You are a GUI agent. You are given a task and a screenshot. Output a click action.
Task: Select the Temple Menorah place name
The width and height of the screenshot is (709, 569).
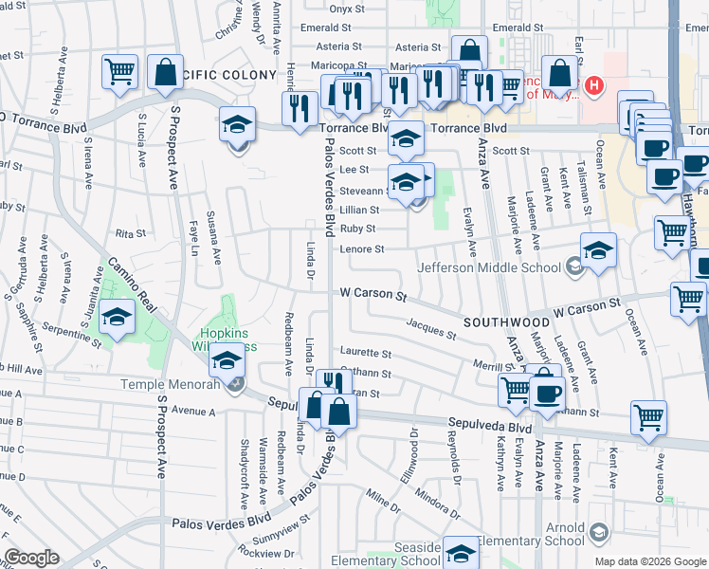pyautogui.click(x=171, y=384)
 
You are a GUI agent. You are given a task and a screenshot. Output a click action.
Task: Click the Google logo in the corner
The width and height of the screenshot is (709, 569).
pyautogui.click(x=30, y=558)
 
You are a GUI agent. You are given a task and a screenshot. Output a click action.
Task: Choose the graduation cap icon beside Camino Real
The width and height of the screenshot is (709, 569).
pyautogui.click(x=118, y=318)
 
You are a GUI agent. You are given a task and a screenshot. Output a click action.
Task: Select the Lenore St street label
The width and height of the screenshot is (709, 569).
pyautogui.click(x=363, y=249)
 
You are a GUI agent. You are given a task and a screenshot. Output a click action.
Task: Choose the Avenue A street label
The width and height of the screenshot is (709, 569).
pyautogui.click(x=194, y=412)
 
